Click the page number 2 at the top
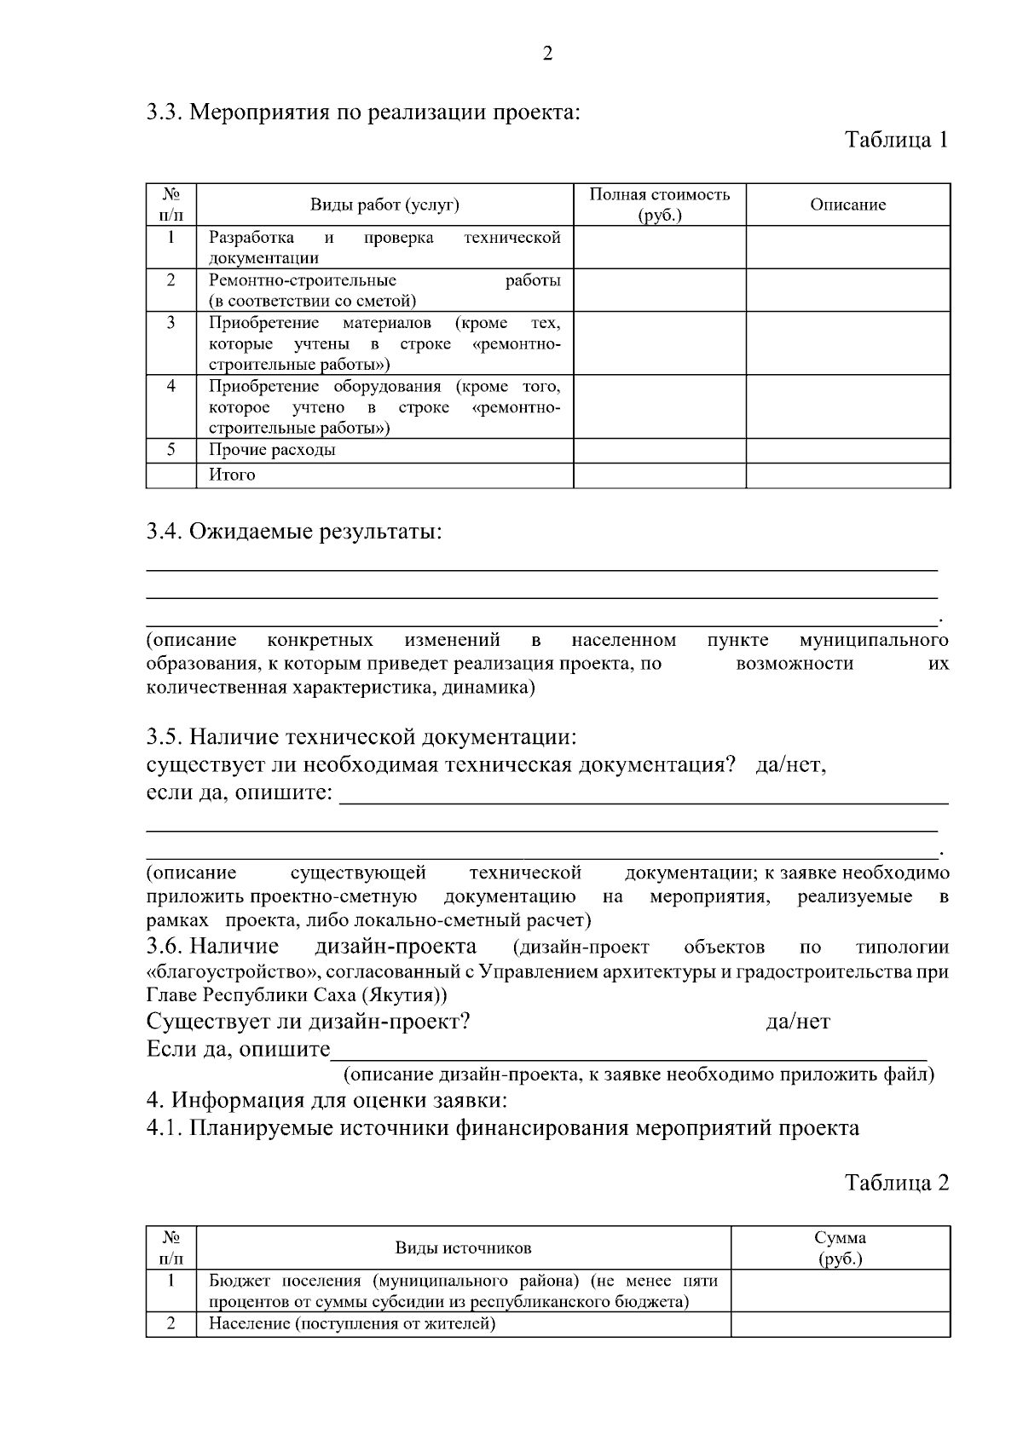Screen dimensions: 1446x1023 tap(547, 54)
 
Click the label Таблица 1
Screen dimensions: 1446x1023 tap(896, 140)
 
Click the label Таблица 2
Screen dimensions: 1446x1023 tap(896, 1182)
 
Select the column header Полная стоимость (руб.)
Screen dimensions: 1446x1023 tap(659, 205)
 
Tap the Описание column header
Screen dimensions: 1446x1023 tap(847, 205)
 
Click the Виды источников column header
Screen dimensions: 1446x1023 tap(463, 1247)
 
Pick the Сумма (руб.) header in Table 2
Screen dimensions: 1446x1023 tap(840, 1247)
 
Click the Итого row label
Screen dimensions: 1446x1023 tap(232, 475)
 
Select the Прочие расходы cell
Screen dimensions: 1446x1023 tap(273, 449)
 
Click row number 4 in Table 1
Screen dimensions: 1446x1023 tap(171, 385)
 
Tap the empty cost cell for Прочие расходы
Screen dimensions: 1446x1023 tap(659, 450)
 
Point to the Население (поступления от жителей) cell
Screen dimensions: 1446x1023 tap(352, 1323)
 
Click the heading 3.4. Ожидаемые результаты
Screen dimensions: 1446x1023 tap(294, 532)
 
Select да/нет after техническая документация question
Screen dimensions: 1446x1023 tap(790, 764)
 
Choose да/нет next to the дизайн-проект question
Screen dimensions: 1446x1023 tap(797, 1021)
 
